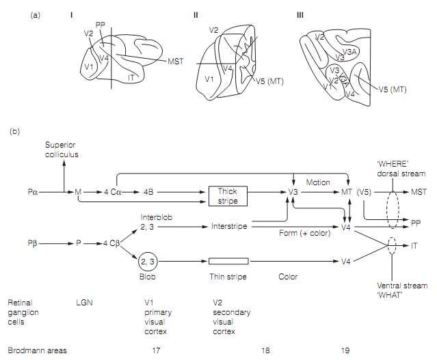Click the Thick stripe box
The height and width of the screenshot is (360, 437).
(x=227, y=195)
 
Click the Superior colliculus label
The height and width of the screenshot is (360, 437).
(x=62, y=150)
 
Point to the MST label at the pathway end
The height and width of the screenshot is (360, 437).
(x=419, y=192)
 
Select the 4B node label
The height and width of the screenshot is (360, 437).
(x=148, y=192)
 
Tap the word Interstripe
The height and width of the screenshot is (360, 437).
(x=228, y=225)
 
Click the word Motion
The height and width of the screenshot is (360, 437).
(x=318, y=182)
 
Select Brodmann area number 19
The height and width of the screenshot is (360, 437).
(x=345, y=351)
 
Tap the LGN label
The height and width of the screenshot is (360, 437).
(x=85, y=301)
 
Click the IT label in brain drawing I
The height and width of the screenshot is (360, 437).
(x=131, y=79)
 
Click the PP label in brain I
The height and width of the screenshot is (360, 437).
(x=101, y=25)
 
